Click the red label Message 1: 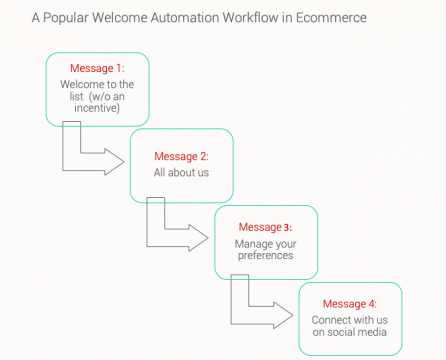pos(96,68)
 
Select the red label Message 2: pos(180,157)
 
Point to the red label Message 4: pos(349,304)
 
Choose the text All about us pos(180,173)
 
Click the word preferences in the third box pos(264,257)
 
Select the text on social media pos(349,332)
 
